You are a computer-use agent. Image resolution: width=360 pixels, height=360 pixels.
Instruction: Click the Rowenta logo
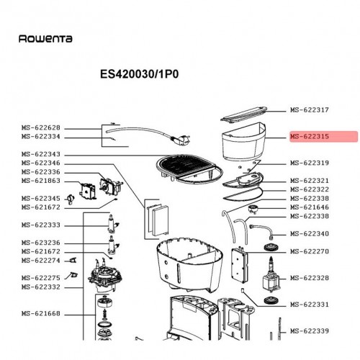45,39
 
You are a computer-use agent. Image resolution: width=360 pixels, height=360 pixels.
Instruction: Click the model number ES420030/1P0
139,74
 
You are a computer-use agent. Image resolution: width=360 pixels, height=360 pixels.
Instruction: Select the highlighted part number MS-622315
310,136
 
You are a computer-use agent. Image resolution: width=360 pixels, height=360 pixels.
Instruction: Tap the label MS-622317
310,110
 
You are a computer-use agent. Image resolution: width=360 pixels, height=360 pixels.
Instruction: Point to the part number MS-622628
41,127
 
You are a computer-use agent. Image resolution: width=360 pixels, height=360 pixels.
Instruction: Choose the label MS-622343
41,154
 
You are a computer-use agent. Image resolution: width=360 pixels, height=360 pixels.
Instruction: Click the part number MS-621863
41,181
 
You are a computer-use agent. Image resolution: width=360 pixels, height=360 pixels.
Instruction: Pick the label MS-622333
41,225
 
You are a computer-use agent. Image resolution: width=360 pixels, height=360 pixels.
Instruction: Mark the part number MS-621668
41,313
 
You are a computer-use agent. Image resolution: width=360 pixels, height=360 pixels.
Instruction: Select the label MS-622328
310,278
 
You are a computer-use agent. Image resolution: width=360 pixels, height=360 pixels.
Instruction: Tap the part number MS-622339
310,331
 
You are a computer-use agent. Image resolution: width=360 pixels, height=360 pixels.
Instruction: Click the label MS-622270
310,251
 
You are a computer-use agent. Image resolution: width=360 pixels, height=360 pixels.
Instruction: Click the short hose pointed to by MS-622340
262,231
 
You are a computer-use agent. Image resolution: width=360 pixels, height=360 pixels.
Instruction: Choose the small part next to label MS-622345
71,199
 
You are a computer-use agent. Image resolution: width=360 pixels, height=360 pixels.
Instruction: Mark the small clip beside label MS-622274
72,260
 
